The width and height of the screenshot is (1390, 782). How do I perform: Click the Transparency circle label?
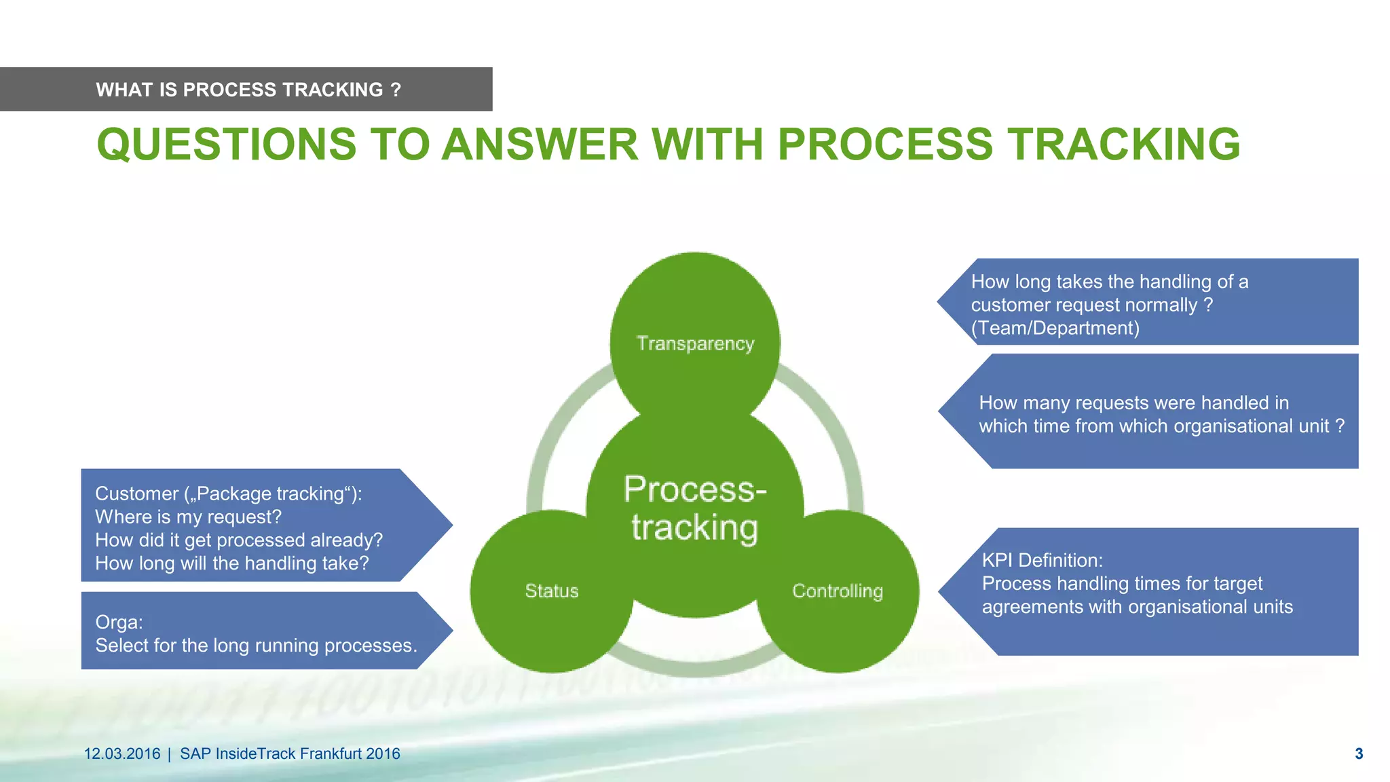point(695,343)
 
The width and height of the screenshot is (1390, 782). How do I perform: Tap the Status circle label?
point(551,591)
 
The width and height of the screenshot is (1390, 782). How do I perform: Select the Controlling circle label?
point(837,591)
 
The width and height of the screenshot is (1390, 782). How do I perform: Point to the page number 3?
point(1359,753)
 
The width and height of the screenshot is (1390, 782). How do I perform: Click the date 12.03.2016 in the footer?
point(122,753)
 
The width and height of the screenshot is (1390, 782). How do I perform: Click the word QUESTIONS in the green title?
point(226,145)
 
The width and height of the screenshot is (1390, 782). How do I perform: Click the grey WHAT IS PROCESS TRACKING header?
point(248,90)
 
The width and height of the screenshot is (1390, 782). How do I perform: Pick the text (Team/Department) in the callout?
point(1055,328)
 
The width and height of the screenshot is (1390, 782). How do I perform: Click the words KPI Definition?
point(1042,560)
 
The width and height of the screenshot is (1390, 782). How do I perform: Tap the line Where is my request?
point(188,517)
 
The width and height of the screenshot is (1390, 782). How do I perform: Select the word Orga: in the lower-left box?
point(119,622)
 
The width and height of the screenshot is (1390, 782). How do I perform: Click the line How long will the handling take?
point(231,563)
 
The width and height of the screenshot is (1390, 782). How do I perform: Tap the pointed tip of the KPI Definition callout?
point(941,591)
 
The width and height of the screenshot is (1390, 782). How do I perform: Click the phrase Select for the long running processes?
point(256,645)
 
